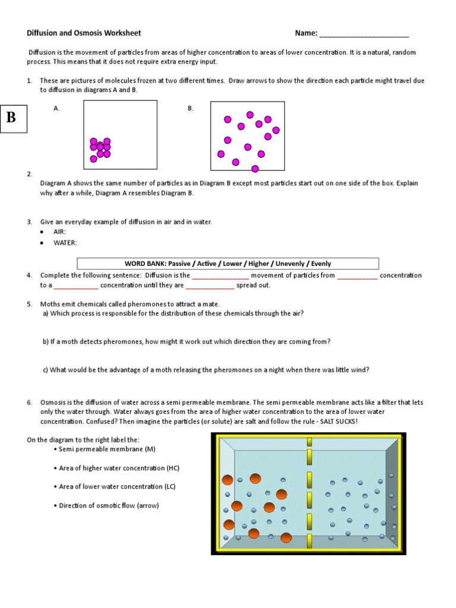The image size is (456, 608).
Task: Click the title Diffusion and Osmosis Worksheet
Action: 84,33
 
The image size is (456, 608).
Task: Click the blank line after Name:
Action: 364,34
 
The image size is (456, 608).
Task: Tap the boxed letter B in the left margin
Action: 11,117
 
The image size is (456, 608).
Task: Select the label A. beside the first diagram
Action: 56,109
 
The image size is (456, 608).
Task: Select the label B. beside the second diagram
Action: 191,109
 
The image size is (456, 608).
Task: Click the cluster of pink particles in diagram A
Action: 100,148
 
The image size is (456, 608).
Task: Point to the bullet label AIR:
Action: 59,232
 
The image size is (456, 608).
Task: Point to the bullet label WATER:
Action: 65,242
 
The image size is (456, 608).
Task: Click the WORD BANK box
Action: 228,264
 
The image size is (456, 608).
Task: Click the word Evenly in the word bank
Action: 320,264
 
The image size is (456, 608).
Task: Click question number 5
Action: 29,304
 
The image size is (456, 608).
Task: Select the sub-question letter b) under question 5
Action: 45,341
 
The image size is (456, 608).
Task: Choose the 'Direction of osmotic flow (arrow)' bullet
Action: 109,505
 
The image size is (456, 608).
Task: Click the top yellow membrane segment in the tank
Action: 309,441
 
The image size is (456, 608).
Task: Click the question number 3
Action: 29,221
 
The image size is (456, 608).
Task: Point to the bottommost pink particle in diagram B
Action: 255,169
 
